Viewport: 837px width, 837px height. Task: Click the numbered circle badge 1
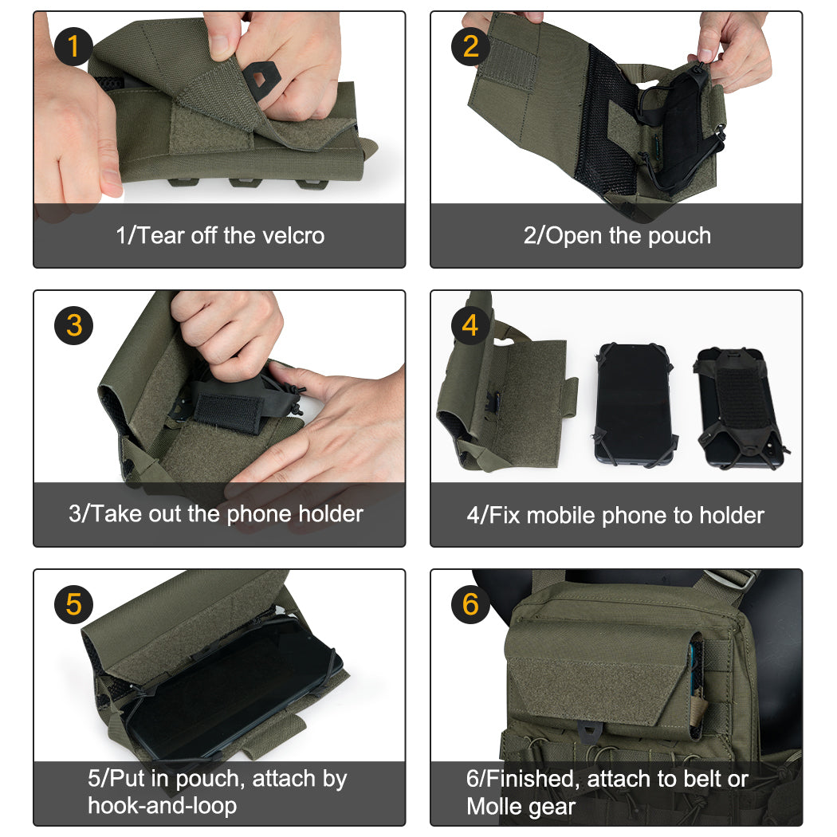73,47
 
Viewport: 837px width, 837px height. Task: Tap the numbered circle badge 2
470,47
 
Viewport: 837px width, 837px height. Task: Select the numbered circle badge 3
73,325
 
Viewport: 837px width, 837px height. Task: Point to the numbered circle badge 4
470,325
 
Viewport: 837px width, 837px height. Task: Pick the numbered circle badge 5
73,605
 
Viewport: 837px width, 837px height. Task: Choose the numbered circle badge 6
470,605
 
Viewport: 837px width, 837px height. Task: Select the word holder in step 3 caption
330,514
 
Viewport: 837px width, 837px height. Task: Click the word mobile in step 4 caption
561,516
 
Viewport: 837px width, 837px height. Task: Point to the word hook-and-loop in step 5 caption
162,806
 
